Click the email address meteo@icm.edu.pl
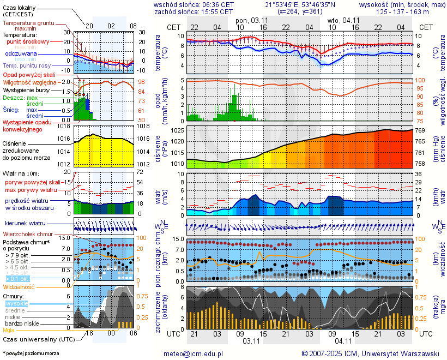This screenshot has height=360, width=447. [194, 353]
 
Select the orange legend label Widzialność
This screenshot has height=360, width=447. [19, 286]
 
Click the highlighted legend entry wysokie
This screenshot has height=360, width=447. [16, 303]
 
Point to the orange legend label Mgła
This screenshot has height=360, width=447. [9, 330]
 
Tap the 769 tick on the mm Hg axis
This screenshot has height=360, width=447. [420, 130]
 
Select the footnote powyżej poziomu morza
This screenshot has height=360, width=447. [31, 353]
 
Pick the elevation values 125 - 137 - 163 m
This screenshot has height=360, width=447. [403, 11]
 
